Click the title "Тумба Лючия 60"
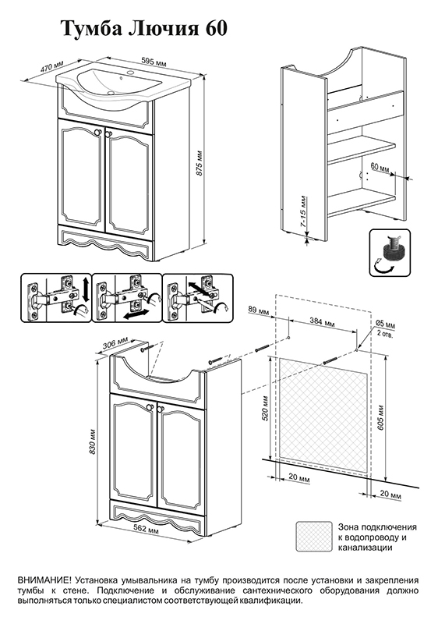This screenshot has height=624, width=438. pos(144,30)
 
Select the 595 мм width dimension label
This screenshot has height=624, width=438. pos(154,63)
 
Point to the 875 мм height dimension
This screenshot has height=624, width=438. pos(200,163)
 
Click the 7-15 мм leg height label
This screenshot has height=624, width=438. pos(304,211)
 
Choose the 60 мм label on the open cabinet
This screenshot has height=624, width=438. pos(379,167)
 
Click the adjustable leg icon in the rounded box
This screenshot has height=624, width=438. pos(390,253)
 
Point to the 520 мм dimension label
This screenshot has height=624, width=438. pos(266,409)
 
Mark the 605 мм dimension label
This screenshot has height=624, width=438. pos(381,417)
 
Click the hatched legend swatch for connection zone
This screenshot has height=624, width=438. pos(314,537)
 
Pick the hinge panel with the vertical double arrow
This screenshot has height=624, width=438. pos(55,298)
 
